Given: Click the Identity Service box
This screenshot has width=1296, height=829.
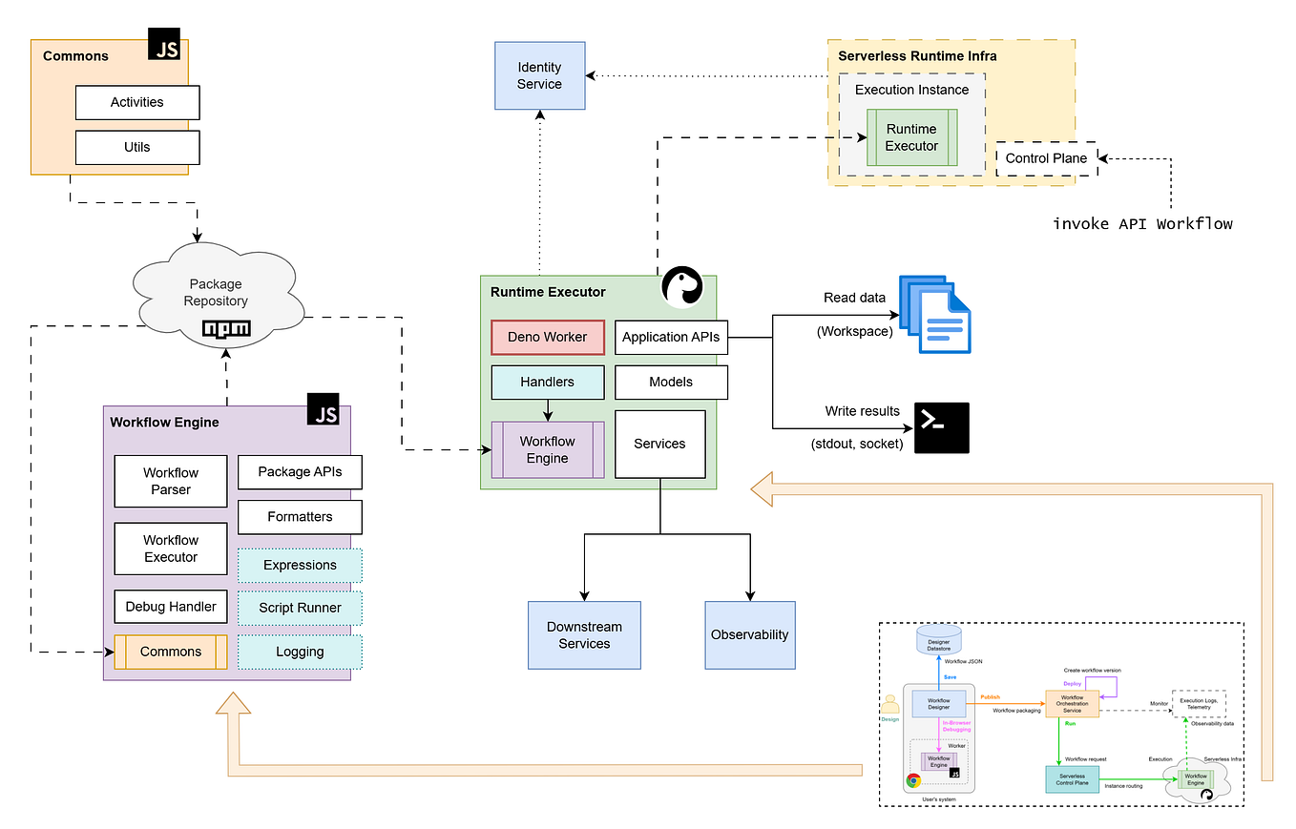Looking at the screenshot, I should click(x=539, y=75).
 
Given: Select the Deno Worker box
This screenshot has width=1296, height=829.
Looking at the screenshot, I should click(x=547, y=337).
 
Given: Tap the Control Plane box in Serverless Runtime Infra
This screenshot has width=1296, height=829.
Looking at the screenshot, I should click(x=1046, y=158).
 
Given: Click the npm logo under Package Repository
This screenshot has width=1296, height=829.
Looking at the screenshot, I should click(x=227, y=329).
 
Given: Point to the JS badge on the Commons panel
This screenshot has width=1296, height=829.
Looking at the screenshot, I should click(x=164, y=45).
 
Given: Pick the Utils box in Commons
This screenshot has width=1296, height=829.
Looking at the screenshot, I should click(x=137, y=148).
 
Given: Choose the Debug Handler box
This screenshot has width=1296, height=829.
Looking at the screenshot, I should click(x=171, y=606).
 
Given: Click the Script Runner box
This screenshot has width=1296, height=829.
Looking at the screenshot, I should click(x=300, y=608).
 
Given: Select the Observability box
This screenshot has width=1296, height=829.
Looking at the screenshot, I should click(x=749, y=634).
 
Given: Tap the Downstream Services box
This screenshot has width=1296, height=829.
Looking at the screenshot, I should click(x=584, y=634).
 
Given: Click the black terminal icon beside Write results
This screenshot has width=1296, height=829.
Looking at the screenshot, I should click(x=941, y=427).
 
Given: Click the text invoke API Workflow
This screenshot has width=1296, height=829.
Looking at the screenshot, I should click(x=1142, y=223).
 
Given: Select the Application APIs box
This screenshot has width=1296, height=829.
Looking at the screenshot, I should click(x=670, y=337).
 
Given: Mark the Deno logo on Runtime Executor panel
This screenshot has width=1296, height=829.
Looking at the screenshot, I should click(x=683, y=287).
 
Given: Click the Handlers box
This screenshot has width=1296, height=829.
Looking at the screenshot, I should click(x=547, y=382).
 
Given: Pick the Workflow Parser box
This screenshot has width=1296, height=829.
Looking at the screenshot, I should click(x=171, y=481).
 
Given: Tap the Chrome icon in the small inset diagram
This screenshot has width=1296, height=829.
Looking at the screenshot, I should click(x=913, y=779).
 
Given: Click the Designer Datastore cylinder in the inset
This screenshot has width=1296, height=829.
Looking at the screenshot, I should click(x=938, y=639).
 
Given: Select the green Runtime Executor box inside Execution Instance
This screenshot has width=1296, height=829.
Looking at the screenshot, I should click(x=911, y=137).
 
